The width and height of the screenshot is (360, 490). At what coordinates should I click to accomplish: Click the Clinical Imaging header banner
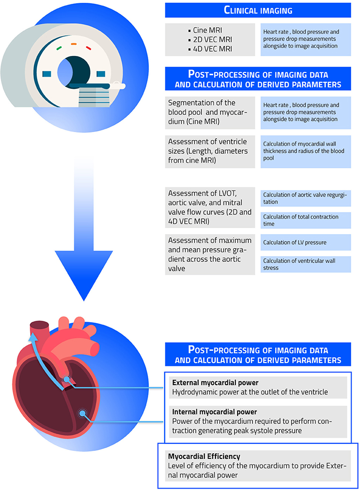[258, 10]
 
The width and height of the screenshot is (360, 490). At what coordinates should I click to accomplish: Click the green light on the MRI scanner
[58, 47]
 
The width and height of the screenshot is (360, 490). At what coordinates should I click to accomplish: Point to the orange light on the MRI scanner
[73, 43]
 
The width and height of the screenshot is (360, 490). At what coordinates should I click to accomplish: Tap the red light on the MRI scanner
[88, 47]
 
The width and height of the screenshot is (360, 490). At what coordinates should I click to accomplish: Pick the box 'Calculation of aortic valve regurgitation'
[305, 198]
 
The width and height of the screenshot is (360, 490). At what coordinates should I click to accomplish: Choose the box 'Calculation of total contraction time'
[305, 220]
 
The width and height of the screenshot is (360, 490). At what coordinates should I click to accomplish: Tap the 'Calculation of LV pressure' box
[305, 242]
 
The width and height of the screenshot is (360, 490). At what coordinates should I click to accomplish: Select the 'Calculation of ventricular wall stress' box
[305, 264]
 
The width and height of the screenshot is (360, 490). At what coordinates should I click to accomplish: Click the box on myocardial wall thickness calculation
[305, 151]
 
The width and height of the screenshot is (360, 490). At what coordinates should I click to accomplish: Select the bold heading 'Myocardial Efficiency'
[204, 456]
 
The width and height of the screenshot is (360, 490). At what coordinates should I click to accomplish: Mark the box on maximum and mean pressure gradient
[210, 254]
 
